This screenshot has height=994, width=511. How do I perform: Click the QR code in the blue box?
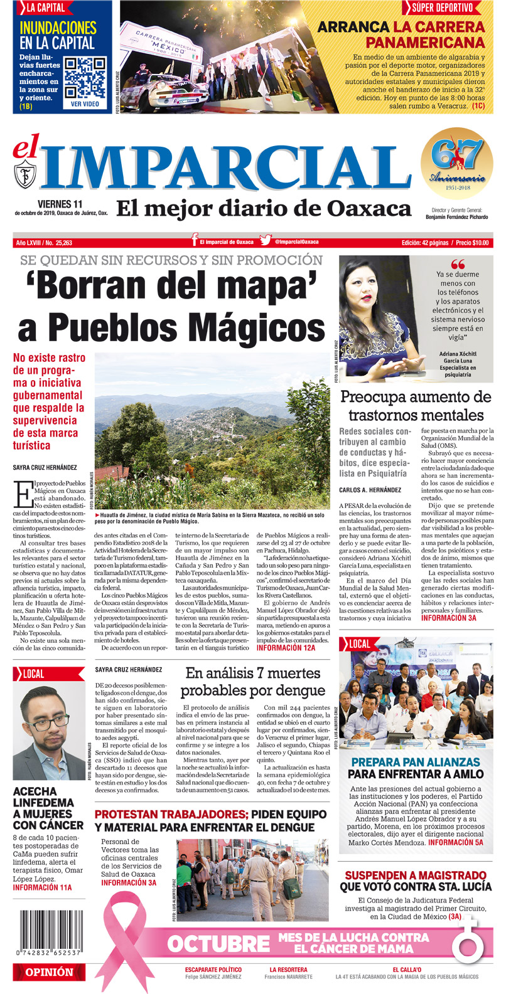click(85, 78)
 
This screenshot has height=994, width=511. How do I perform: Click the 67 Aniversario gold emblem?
click(456, 163)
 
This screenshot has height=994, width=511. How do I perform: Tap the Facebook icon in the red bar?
click(195, 241)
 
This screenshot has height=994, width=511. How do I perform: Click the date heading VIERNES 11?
click(60, 204)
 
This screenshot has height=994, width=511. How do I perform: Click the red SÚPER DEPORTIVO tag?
click(442, 8)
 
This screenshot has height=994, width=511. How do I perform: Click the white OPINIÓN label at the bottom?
click(49, 972)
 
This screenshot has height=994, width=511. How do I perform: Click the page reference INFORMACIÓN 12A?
click(286, 648)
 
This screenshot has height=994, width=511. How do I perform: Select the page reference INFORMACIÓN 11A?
click(43, 887)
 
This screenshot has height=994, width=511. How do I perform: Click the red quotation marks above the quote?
click(458, 264)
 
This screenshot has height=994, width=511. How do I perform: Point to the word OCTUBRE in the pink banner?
click(218, 943)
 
